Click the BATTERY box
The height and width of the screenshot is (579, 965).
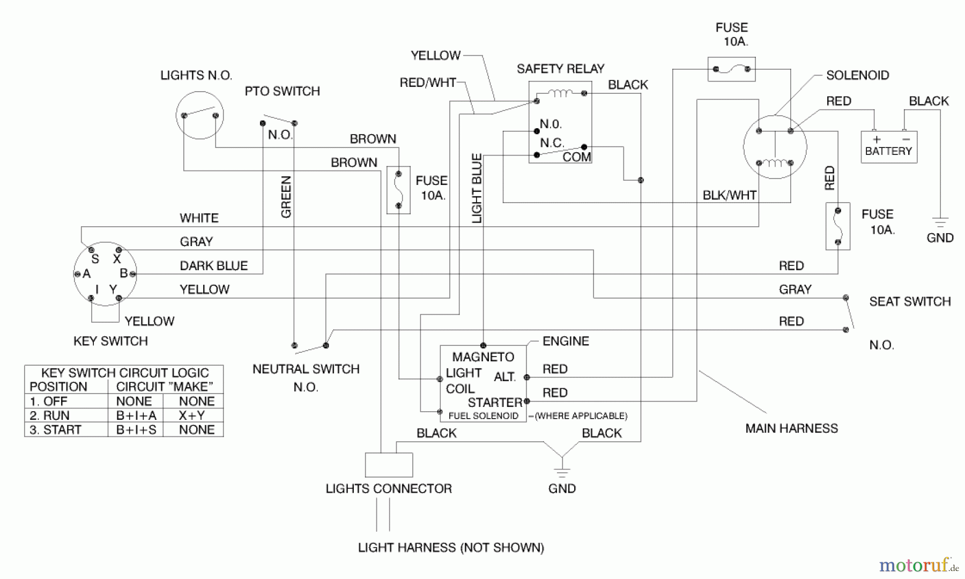pos(888,147)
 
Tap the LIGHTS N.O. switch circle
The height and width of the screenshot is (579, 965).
pos(199,115)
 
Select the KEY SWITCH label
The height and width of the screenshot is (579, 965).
pos(110,341)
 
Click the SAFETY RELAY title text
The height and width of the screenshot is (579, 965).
pos(560,69)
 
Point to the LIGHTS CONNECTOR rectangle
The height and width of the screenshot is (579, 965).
pos(389,465)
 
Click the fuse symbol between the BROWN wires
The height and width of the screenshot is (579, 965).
pos(398,190)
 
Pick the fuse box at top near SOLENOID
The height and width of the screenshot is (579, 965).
pos(731,69)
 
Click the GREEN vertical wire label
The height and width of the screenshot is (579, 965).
pos(286,197)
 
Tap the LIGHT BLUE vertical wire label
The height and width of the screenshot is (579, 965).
pos(477,188)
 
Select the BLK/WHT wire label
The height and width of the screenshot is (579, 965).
pos(729,195)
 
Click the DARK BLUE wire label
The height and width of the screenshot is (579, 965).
pos(213,266)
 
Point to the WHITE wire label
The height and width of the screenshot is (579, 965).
pos(199,218)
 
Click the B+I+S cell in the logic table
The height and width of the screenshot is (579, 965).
pos(136,430)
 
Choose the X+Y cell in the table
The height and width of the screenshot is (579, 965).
pos(192,415)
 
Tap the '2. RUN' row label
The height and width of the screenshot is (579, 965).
pos(50,415)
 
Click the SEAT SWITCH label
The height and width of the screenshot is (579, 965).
pos(910,301)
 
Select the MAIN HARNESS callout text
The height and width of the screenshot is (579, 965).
pos(791,428)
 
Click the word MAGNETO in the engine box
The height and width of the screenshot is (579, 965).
pos(483,357)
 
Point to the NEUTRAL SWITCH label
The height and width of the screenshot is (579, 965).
pos(306,369)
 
